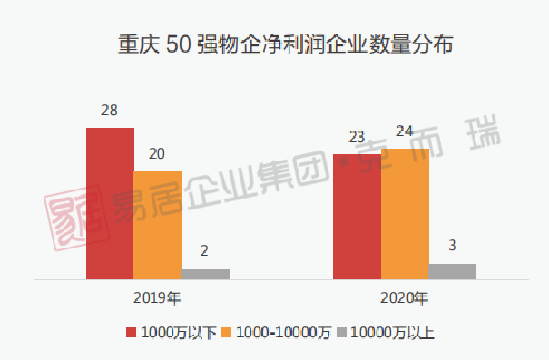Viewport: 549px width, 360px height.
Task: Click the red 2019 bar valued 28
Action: click(x=110, y=204)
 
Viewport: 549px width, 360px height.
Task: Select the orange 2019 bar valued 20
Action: click(x=158, y=225)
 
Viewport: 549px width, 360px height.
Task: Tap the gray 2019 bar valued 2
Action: click(x=206, y=274)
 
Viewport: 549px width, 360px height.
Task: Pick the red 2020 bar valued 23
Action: click(x=358, y=217)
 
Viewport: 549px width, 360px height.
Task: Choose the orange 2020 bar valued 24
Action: click(x=405, y=214)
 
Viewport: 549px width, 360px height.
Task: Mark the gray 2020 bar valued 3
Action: click(x=453, y=272)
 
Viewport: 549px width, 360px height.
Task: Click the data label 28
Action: click(x=109, y=111)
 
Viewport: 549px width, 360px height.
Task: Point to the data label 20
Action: click(x=157, y=154)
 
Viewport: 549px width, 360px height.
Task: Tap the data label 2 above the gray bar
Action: click(x=204, y=251)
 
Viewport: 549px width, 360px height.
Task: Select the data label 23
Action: click(x=357, y=137)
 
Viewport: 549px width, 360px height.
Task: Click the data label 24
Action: click(x=405, y=131)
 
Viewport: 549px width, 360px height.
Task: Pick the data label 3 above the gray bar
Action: click(x=453, y=246)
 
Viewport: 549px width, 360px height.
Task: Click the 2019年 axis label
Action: click(x=158, y=298)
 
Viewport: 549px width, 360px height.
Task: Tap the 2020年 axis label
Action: click(x=405, y=298)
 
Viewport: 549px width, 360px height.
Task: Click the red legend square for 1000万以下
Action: click(x=131, y=333)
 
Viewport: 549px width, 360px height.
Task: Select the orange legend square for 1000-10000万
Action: click(x=227, y=333)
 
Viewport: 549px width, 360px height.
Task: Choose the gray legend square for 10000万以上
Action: click(x=341, y=333)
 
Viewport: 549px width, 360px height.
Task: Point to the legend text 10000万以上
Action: click(x=392, y=333)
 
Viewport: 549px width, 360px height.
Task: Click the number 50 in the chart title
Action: click(x=179, y=44)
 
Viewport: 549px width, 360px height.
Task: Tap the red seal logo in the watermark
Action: click(x=76, y=218)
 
